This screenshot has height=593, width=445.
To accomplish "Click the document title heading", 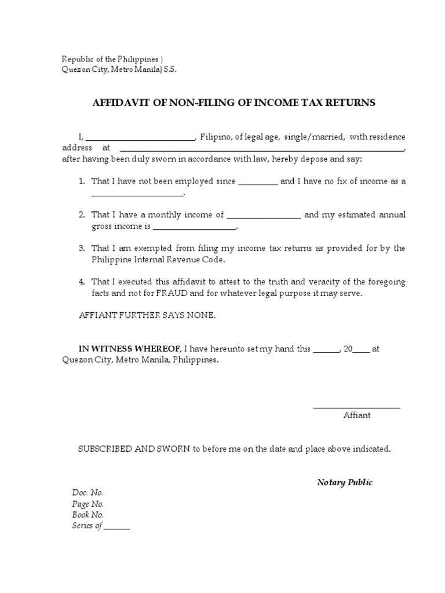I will tap(234, 103).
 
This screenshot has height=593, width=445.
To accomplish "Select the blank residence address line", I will tap(261, 149).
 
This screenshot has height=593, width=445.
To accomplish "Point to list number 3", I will tap(82, 248).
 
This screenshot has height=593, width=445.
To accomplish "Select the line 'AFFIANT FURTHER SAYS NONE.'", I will tap(147, 316).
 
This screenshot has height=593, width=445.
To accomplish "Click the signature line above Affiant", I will tap(356, 408).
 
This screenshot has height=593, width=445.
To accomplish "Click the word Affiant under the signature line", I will tap(357, 415).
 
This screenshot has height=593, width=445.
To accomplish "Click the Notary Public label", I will tap(345, 482).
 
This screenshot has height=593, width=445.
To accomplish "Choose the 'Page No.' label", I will tap(88, 504).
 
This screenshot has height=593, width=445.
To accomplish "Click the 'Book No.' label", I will tap(88, 515).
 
